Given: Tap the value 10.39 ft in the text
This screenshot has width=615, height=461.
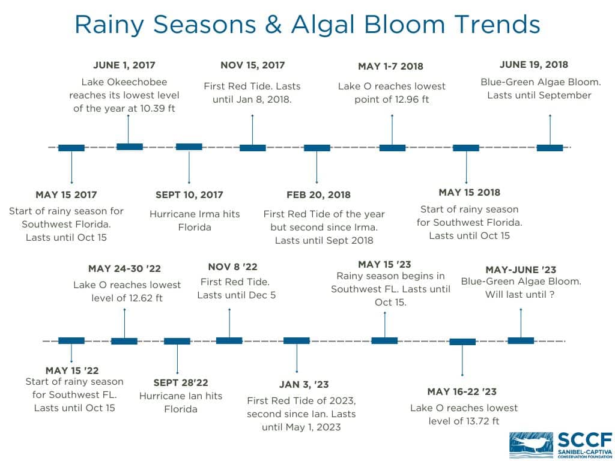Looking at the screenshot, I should click(x=156, y=109).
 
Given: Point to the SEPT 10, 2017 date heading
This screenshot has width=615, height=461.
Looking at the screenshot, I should click(x=189, y=195).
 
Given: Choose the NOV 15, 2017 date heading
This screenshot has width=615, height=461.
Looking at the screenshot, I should click(x=252, y=65).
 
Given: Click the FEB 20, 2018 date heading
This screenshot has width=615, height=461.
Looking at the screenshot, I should click(x=318, y=195).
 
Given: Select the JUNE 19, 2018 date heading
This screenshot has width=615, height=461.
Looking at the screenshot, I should click(x=534, y=65).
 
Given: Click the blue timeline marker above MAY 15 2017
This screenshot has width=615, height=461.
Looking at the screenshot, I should click(x=71, y=148).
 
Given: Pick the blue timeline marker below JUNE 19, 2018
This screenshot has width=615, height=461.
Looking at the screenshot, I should click(x=550, y=148).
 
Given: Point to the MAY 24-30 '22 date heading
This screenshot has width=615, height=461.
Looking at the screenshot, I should click(x=124, y=269).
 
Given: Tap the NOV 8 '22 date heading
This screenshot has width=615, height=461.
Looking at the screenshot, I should click(x=232, y=267).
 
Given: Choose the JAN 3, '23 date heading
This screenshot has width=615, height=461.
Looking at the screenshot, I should click(x=304, y=385).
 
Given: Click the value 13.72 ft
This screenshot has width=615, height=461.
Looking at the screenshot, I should click(x=479, y=421).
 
